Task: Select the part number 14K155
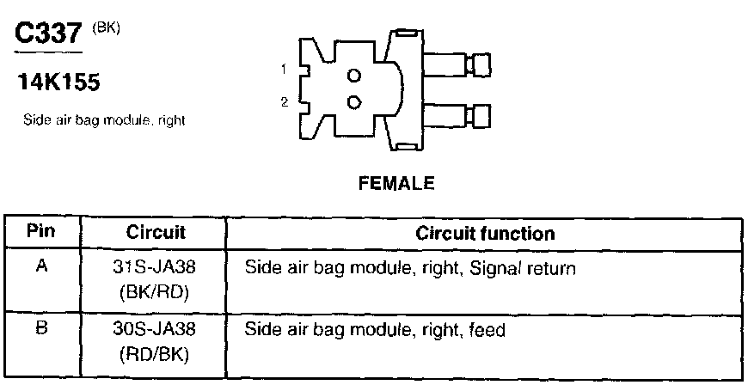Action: [x=58, y=84]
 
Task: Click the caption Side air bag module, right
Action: [x=105, y=121]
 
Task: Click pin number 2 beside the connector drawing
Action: [x=284, y=102]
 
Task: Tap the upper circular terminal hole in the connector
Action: [x=353, y=75]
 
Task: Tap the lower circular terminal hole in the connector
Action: [x=353, y=102]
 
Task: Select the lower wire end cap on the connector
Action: [x=478, y=115]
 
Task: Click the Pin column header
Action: [x=41, y=232]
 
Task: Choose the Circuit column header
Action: [x=156, y=233]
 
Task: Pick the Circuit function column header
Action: [x=485, y=233]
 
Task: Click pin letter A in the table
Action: [x=40, y=266]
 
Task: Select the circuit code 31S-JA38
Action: [x=156, y=267]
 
